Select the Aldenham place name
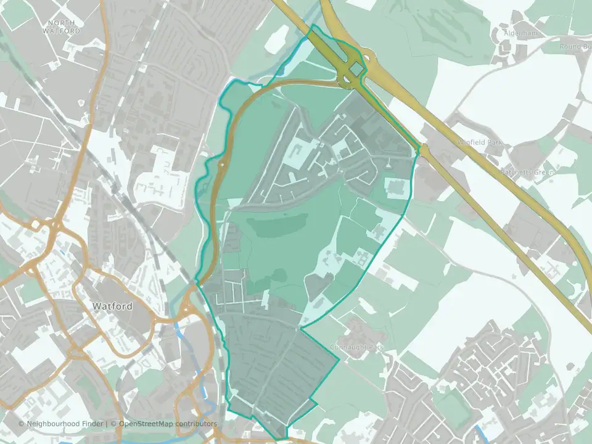click(522, 33)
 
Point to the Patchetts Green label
click(527, 172)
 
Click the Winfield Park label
click(480, 142)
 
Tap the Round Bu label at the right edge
click(575, 46)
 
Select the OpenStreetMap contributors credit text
click(168, 424)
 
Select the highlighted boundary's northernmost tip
click(314, 25)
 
